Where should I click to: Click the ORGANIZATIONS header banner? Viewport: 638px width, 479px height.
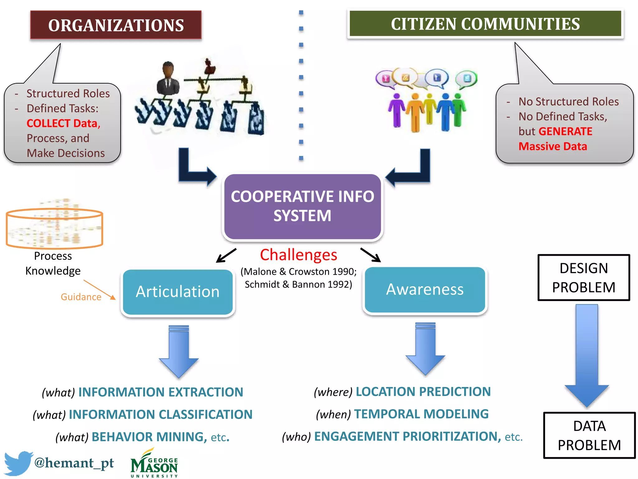(x=116, y=25)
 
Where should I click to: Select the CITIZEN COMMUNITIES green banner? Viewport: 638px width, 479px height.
(x=485, y=24)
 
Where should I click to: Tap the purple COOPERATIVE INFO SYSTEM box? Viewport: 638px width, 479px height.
(x=302, y=206)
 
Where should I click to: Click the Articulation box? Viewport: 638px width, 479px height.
(x=178, y=292)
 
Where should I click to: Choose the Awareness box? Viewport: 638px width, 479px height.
(x=425, y=290)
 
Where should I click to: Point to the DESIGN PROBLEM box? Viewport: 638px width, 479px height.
(x=584, y=278)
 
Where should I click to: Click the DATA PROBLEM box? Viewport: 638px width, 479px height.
(x=589, y=435)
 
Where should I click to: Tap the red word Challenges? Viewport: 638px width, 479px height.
(x=298, y=255)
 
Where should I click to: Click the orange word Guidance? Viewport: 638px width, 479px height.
(x=81, y=297)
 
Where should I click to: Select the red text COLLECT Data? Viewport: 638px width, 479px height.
(x=63, y=123)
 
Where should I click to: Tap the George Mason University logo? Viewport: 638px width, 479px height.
(x=154, y=464)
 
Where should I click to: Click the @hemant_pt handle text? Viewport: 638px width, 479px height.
(x=74, y=463)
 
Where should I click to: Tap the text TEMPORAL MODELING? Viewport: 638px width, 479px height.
(x=421, y=414)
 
